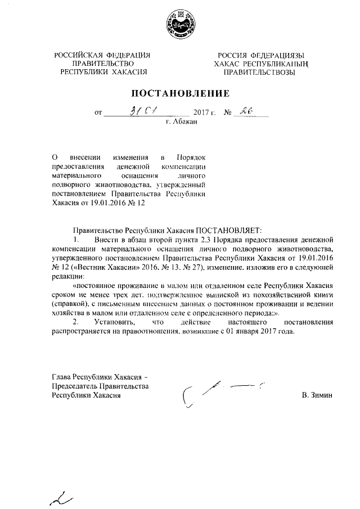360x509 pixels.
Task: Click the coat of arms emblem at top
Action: (179, 25)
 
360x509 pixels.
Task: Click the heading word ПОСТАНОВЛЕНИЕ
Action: (181, 92)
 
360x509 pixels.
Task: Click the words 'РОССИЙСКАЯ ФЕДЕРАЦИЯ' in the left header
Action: (102, 55)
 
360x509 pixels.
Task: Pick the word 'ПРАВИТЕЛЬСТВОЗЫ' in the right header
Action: (258, 73)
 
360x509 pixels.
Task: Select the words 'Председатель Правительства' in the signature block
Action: (100, 386)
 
